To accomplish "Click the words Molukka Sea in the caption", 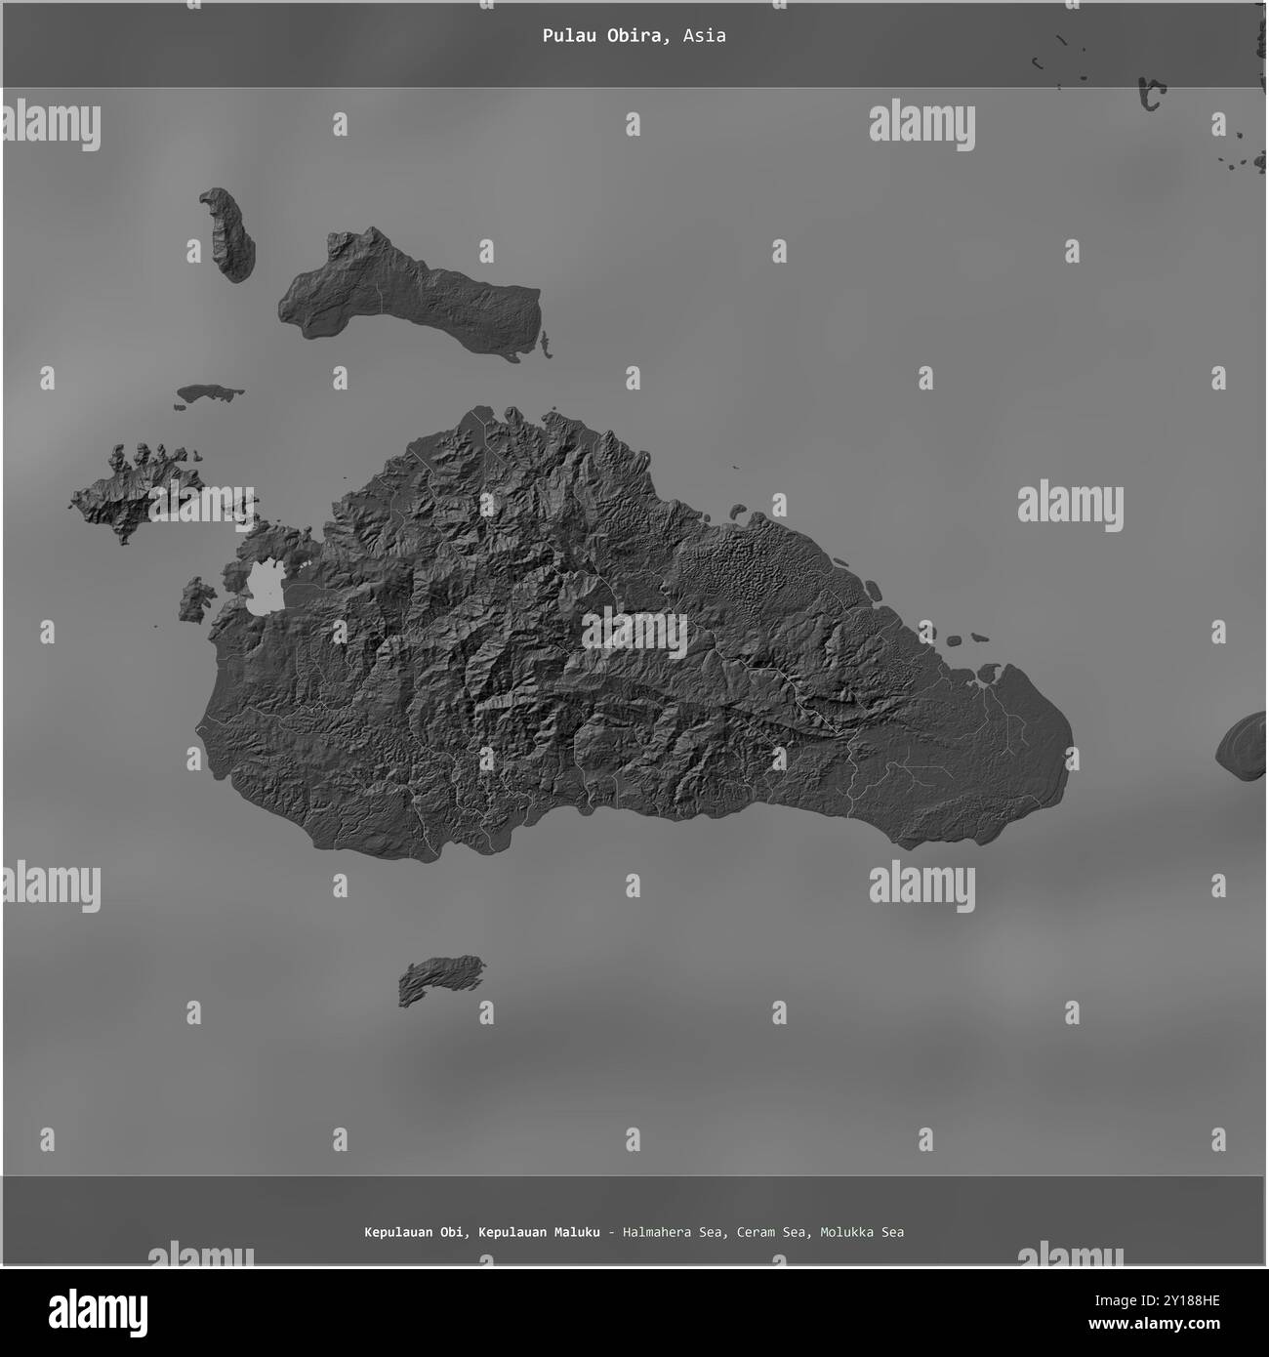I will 862,1232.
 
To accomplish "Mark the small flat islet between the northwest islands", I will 209,392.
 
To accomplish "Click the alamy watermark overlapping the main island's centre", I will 634,633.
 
